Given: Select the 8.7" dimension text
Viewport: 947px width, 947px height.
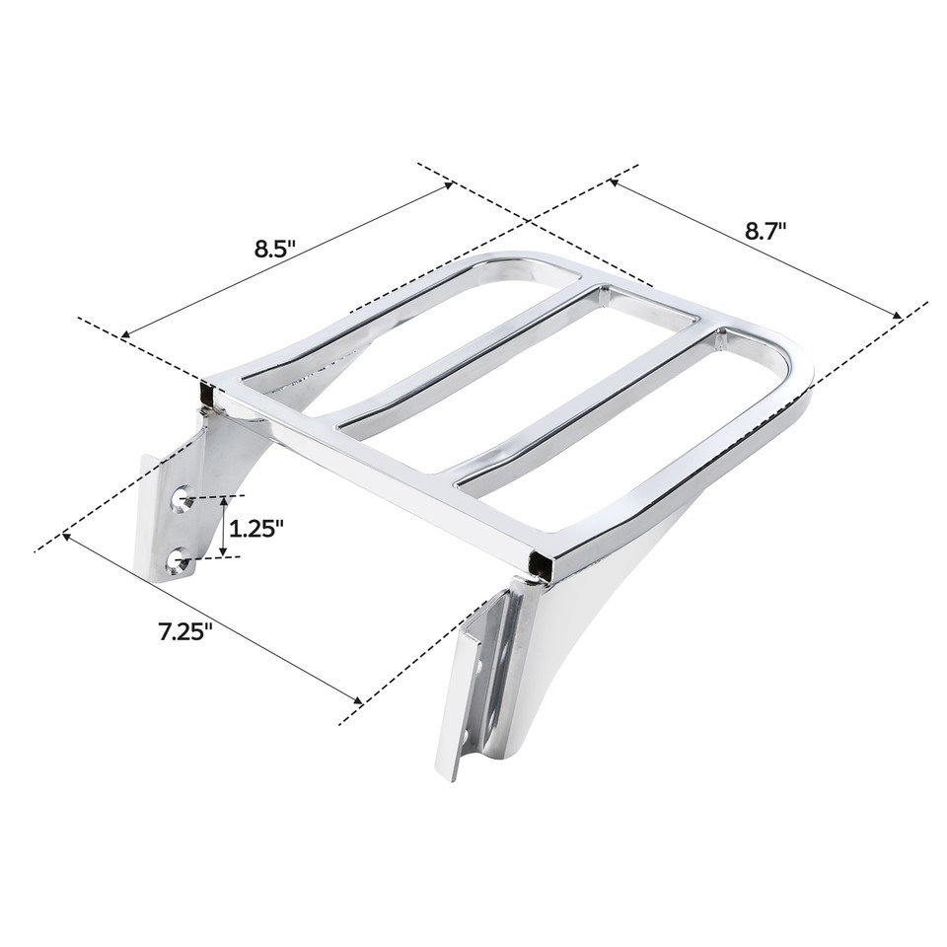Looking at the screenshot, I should coord(765,231).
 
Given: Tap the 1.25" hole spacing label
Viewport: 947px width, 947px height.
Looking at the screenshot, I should coord(255,528).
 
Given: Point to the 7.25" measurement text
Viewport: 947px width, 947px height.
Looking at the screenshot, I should coord(185,631).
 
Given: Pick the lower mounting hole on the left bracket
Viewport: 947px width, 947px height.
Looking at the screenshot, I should coord(180,561).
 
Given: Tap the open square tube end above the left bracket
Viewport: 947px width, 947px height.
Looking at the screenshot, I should coord(207,395).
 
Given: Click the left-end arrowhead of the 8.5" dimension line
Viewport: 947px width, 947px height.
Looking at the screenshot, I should coord(123,337).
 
